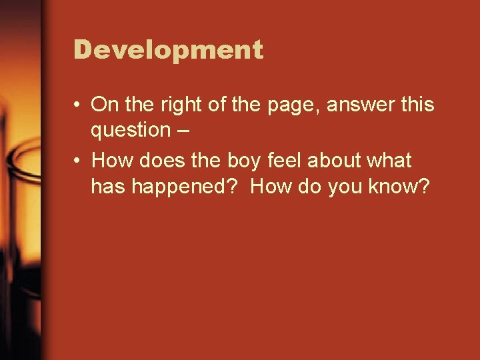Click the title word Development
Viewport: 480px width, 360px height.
tap(169, 50)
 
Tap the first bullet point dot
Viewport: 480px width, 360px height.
tap(78, 105)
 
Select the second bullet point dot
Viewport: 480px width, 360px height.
tap(78, 161)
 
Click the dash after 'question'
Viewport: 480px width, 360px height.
tap(183, 131)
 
